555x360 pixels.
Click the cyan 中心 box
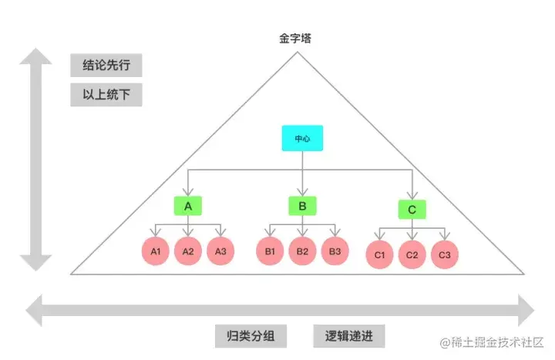[301, 138]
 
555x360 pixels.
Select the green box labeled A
[187, 206]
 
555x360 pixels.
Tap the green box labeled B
[302, 206]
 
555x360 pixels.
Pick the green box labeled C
[412, 209]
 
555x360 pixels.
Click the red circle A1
[156, 251]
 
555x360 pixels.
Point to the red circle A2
[187, 251]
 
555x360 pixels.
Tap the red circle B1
[270, 251]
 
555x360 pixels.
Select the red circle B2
[302, 251]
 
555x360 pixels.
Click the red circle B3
[335, 251]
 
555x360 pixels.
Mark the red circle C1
[379, 254]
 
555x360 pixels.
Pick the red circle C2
[412, 254]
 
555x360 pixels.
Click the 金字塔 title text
[295, 37]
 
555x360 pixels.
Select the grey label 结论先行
[106, 65]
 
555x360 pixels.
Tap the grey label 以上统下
[106, 96]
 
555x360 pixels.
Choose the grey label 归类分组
[250, 336]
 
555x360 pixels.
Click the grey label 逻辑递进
[349, 336]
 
